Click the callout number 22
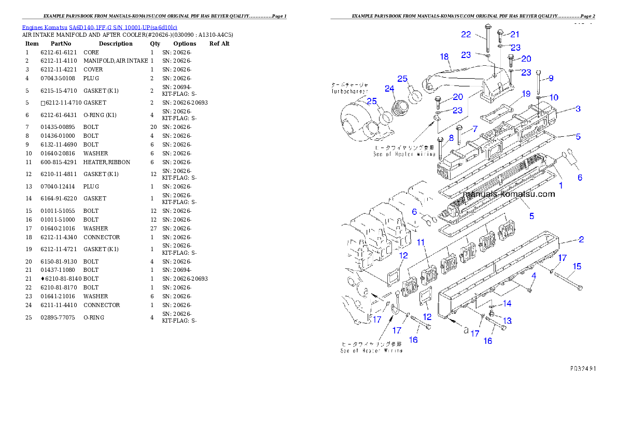pos(466,34)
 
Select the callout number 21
pos(514,34)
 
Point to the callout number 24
pos(389,89)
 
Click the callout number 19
pos(526,94)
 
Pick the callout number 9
pos(551,78)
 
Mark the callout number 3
pos(451,138)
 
